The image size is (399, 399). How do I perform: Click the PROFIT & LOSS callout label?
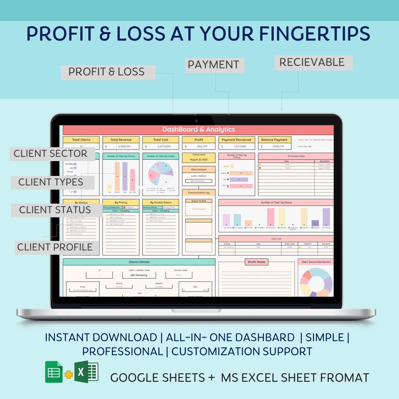(x=108, y=72)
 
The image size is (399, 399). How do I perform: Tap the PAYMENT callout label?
(x=215, y=65)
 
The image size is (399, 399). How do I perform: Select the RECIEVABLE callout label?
(x=313, y=63)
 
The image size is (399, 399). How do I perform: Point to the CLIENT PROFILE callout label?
(x=56, y=247)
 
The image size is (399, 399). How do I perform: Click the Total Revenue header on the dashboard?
(x=121, y=140)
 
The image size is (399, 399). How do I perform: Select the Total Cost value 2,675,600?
(x=164, y=146)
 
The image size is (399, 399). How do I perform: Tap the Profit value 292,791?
(x=202, y=146)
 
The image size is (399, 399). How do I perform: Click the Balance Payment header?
(x=274, y=140)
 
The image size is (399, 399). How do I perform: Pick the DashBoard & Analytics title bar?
(x=198, y=129)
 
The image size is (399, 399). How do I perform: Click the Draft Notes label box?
(x=257, y=262)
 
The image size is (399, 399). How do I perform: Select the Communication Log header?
(x=198, y=192)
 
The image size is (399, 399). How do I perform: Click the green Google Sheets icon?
(x=54, y=372)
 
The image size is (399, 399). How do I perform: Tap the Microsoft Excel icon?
(x=86, y=372)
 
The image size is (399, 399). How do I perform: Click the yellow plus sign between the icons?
(x=68, y=375)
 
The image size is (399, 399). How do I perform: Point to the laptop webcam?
(x=196, y=121)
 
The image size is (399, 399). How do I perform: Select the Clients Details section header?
(x=139, y=262)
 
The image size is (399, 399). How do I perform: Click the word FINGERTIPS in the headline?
(x=314, y=34)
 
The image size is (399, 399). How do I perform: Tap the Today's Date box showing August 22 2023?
(x=198, y=158)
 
